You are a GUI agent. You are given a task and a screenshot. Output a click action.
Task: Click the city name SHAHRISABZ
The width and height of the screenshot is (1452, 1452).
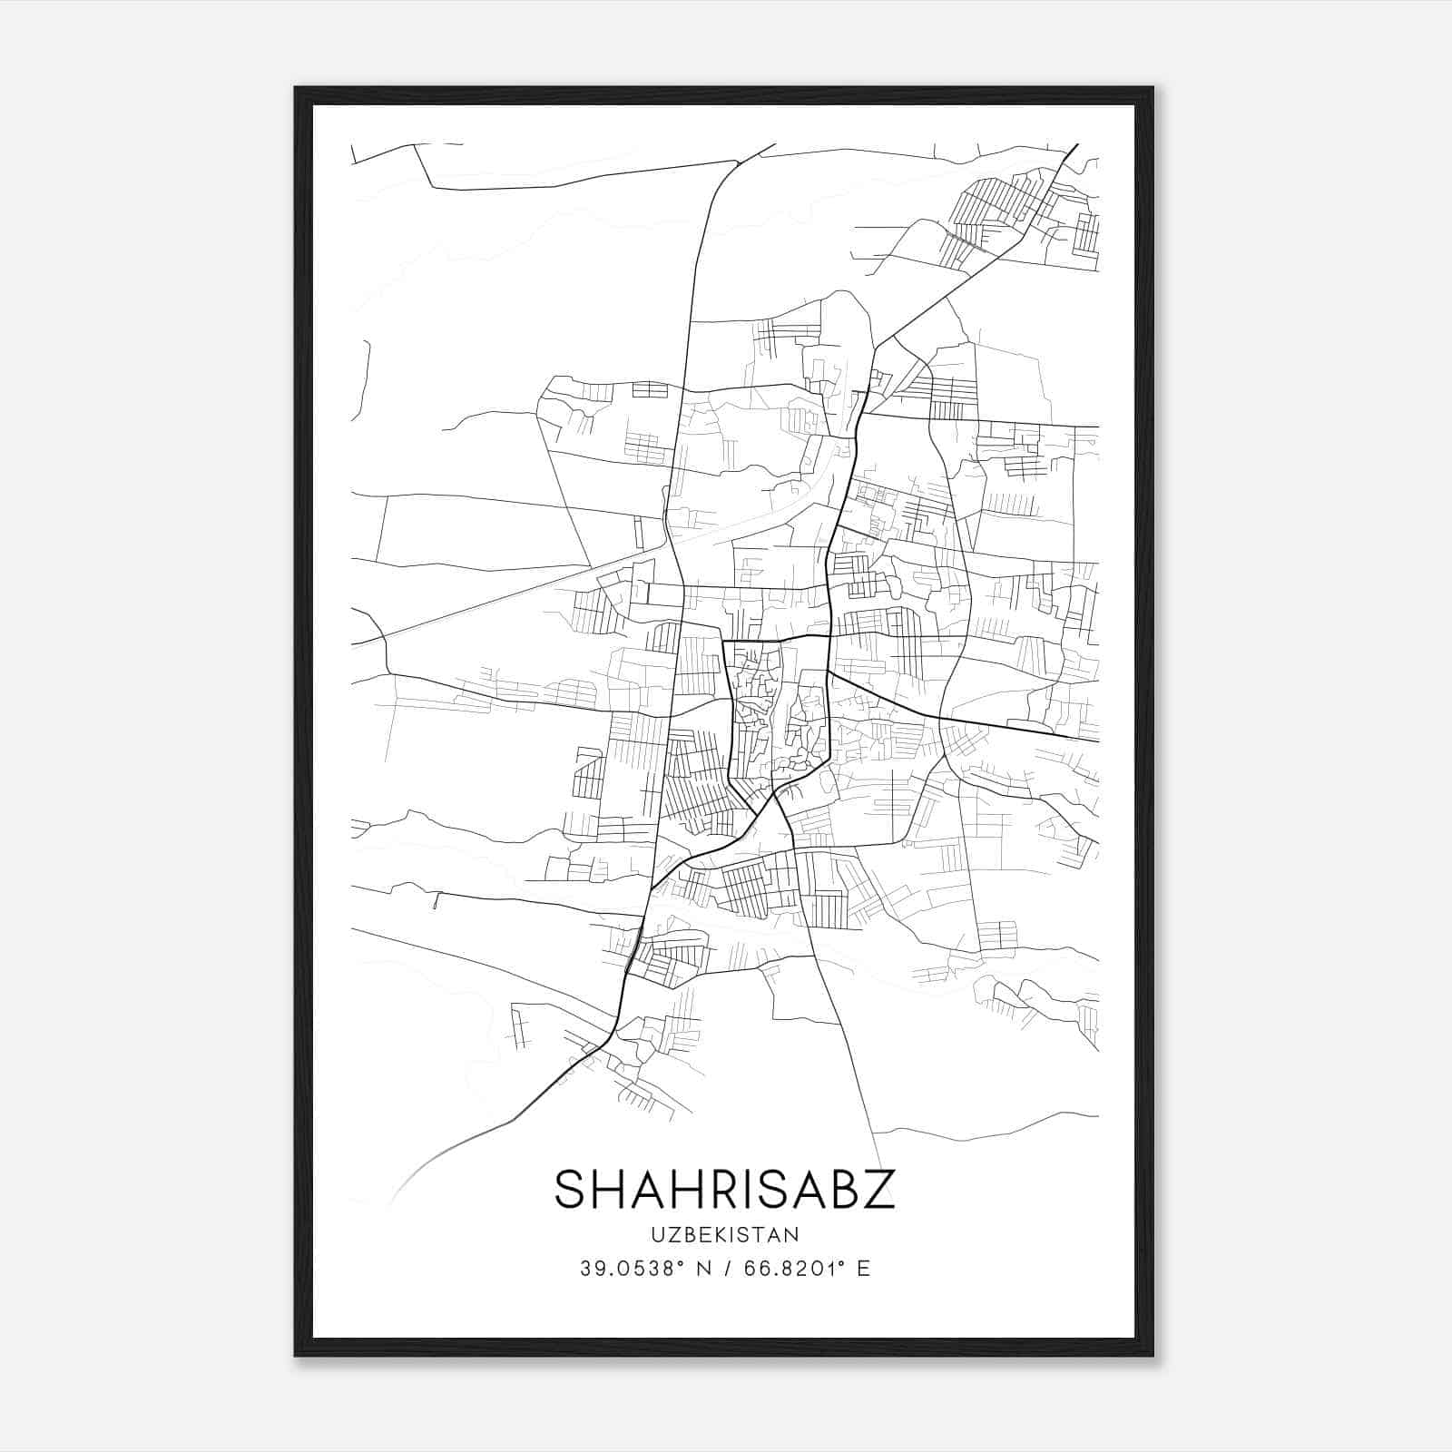724,1189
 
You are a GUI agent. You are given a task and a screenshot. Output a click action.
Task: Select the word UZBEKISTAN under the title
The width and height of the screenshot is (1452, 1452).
724,1234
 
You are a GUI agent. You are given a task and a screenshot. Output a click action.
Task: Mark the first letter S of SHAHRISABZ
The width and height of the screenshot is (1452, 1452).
569,1189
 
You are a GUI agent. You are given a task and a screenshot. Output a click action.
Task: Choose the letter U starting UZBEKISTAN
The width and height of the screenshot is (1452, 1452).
655,1234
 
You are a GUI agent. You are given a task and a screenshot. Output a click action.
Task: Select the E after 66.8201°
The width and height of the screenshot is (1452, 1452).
863,1269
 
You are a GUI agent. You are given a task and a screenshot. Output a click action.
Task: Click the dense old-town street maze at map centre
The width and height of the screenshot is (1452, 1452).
779,712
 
